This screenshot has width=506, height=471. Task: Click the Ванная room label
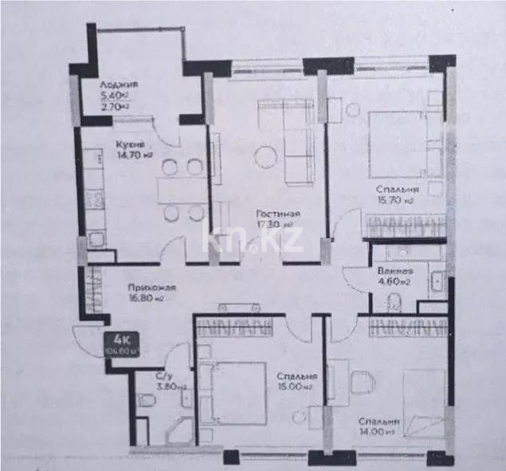point(394,271)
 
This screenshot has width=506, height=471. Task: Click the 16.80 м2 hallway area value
point(147,300)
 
